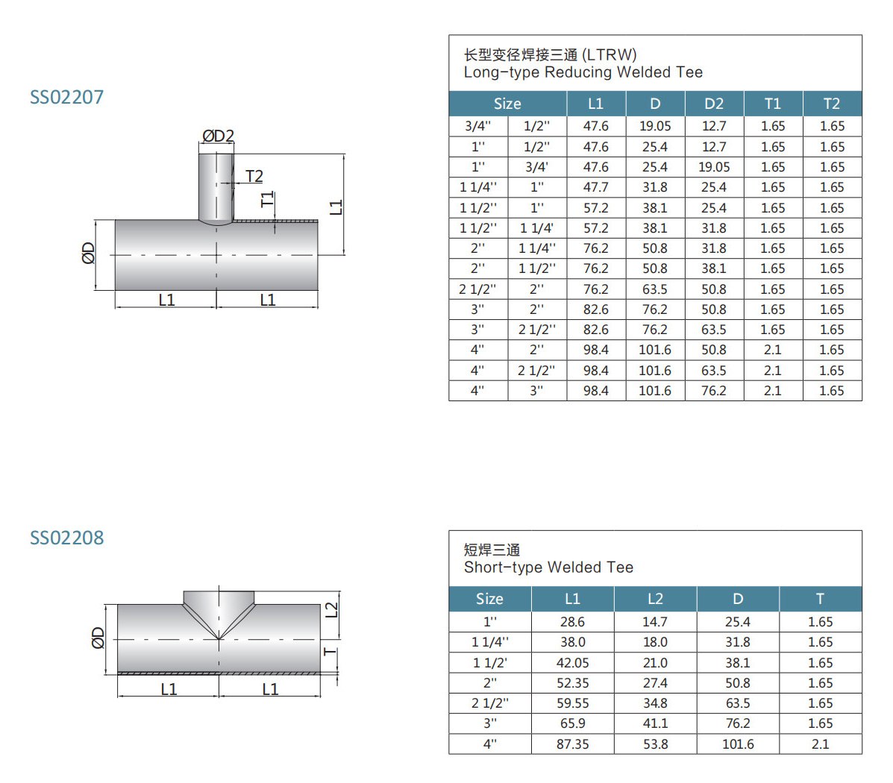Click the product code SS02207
[66, 97]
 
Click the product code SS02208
[66, 538]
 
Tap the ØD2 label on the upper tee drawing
[218, 136]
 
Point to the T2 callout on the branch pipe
[254, 176]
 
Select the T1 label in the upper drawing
[267, 200]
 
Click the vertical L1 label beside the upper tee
[336, 207]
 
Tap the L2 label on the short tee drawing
[332, 609]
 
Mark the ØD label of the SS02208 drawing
[98, 638]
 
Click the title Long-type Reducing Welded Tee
[583, 72]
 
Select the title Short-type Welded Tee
[548, 567]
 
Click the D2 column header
[714, 104]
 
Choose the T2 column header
[832, 104]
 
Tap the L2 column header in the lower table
[655, 599]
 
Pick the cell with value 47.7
[595, 187]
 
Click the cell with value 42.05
[572, 663]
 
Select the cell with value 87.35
[572, 744]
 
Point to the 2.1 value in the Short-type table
[820, 744]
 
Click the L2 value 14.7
[655, 622]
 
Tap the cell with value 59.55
[572, 703]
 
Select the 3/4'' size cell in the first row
[477, 126]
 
